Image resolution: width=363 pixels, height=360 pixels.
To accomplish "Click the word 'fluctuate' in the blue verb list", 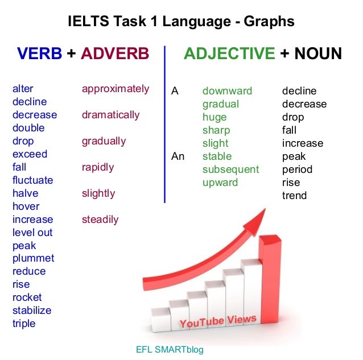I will click(x=32, y=180).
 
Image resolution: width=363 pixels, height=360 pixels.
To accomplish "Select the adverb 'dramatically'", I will click(x=110, y=115).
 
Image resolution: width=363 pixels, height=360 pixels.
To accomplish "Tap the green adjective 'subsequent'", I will click(x=230, y=169).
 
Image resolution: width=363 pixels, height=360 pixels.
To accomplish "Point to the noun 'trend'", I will click(x=294, y=196).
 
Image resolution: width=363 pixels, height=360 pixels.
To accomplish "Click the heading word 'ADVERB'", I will click(x=115, y=54).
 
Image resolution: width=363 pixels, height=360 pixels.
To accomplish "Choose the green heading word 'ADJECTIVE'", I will click(x=229, y=54).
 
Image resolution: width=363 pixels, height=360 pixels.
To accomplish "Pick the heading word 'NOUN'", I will click(x=317, y=54).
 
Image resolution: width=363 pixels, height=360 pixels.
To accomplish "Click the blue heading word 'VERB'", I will click(x=39, y=54).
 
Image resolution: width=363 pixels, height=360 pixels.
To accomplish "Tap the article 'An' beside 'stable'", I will click(x=178, y=156).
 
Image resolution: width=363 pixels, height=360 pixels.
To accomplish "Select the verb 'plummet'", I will click(x=33, y=258).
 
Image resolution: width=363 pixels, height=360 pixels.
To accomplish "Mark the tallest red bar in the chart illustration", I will click(x=269, y=273).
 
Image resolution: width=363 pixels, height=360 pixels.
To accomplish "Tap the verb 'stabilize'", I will click(x=32, y=311).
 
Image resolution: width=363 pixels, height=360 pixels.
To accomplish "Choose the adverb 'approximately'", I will click(x=115, y=89).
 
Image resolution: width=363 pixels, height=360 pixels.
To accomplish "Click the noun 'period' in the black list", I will click(x=297, y=169).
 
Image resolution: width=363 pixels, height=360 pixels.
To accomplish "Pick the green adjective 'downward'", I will click(x=227, y=91).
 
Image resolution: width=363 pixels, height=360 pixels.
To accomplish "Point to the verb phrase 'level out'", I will click(x=32, y=233).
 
